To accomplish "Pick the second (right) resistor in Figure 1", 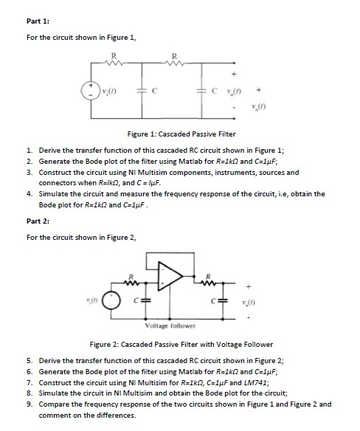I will point(173,63).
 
